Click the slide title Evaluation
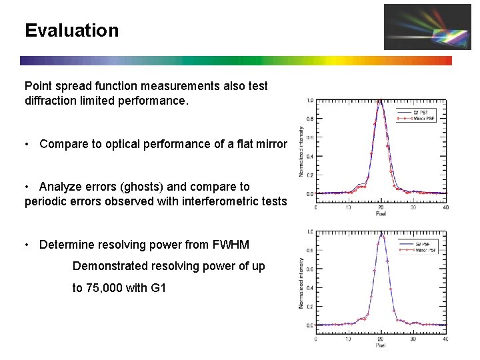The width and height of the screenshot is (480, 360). click(x=71, y=31)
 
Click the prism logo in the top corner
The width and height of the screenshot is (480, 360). click(x=418, y=27)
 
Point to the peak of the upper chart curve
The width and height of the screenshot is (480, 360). click(x=380, y=101)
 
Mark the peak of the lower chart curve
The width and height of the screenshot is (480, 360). click(x=381, y=233)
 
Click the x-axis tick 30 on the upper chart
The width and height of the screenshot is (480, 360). click(x=413, y=207)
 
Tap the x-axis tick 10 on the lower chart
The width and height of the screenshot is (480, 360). click(x=348, y=338)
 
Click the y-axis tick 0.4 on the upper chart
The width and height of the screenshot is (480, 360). click(x=310, y=156)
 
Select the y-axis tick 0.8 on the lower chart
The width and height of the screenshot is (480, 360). click(x=310, y=250)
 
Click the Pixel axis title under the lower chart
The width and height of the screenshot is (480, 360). click(x=380, y=345)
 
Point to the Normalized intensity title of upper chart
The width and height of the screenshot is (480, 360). click(x=301, y=151)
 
